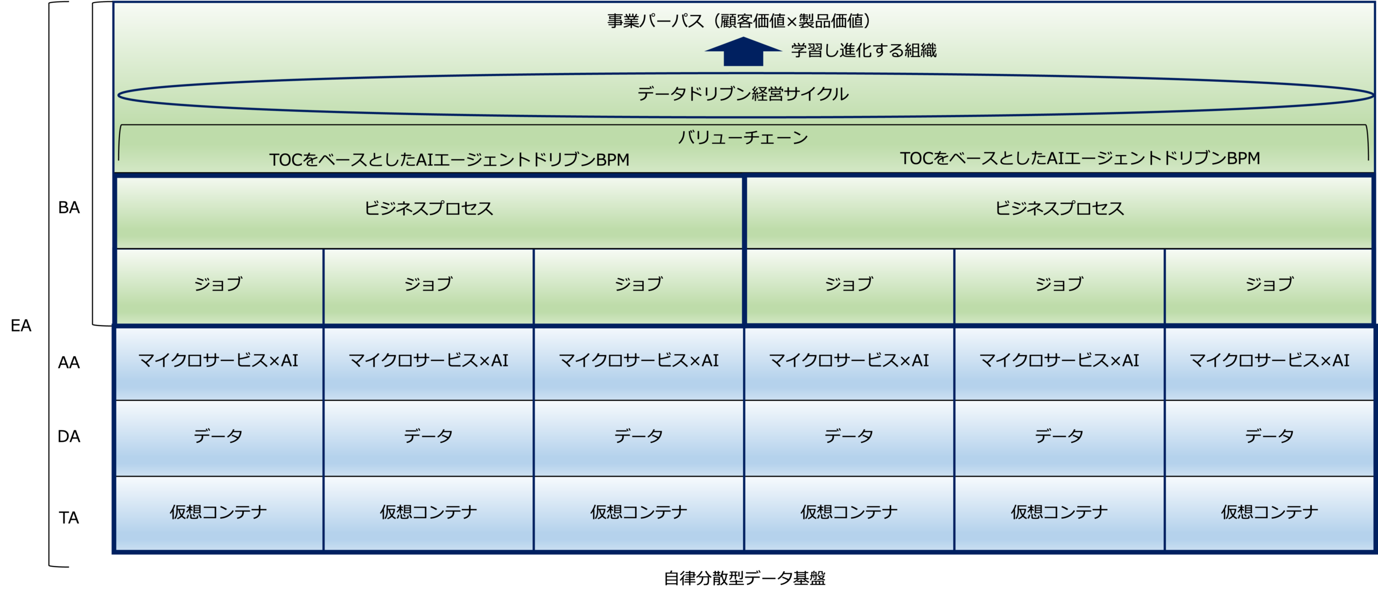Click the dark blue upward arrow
point(743,52)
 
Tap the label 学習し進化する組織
point(863,51)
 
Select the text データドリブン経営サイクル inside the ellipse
point(743,94)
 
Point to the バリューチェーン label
point(743,138)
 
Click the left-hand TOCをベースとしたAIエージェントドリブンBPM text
point(449,160)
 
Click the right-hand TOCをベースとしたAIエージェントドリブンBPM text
point(1080,158)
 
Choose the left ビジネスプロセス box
point(429,212)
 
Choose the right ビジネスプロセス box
point(1059,212)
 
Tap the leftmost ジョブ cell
point(219,286)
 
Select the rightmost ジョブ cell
point(1269,286)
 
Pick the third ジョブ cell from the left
point(638,286)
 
